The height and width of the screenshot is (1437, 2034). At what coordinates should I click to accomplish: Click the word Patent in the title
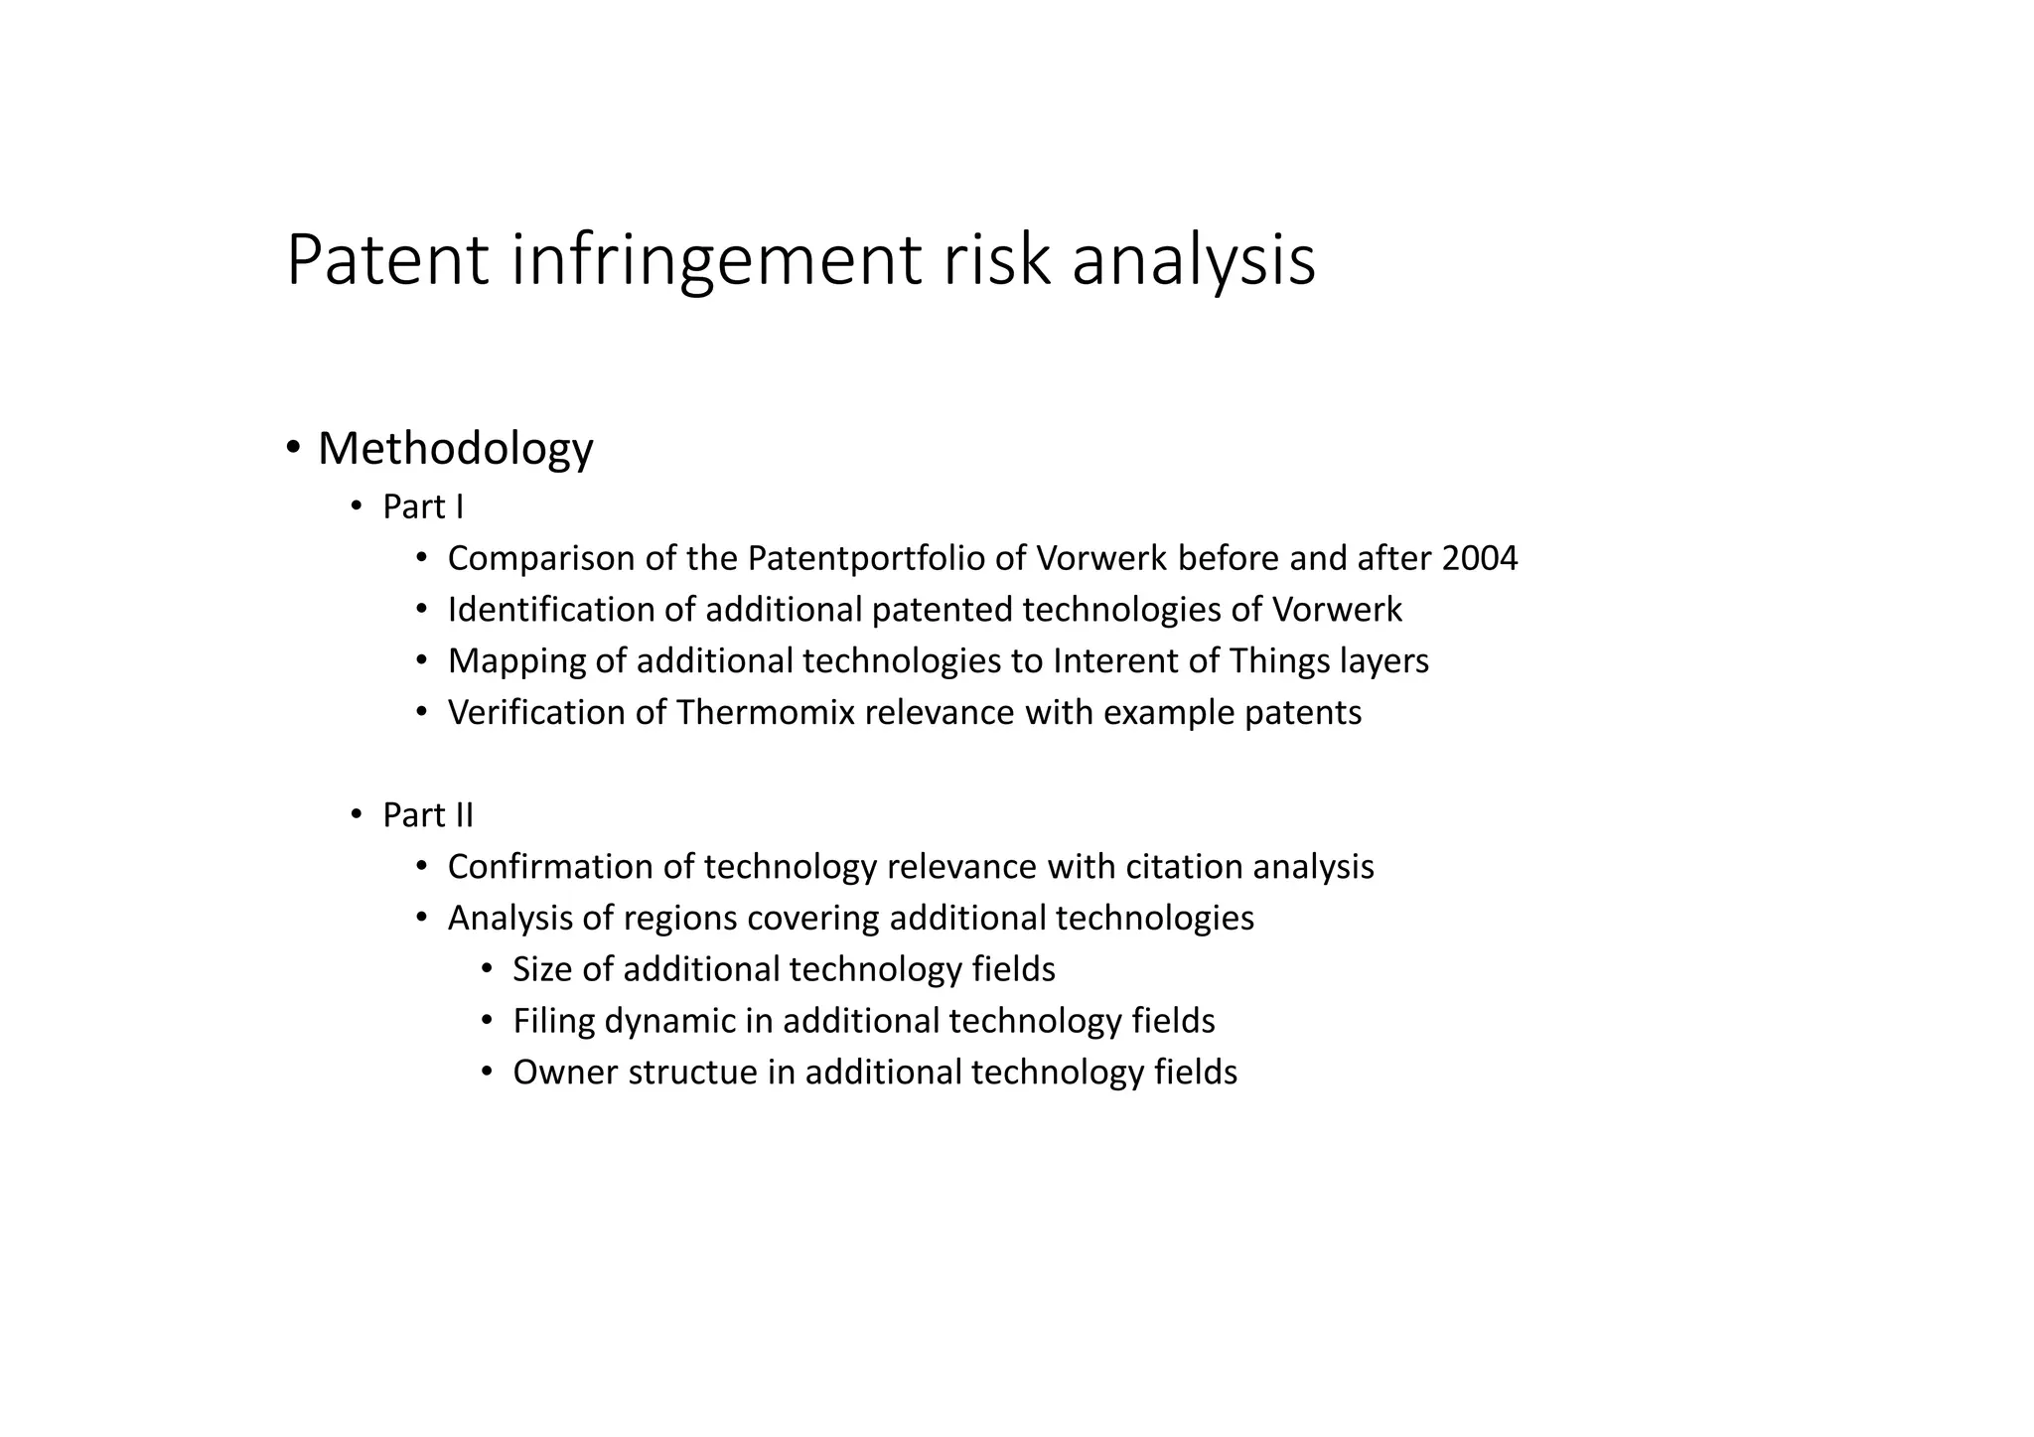[387, 260]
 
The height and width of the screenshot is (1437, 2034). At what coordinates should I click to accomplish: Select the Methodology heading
[455, 449]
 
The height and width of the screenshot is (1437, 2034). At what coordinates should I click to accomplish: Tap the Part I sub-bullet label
[423, 507]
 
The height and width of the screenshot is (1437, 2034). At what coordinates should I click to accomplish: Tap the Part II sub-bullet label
[428, 815]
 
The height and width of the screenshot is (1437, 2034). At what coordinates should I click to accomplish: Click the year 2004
[1479, 559]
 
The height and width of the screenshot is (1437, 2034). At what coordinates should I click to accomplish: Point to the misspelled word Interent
[1113, 661]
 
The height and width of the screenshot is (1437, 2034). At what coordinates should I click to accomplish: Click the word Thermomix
[766, 713]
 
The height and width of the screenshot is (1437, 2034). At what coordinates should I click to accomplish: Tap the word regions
[679, 919]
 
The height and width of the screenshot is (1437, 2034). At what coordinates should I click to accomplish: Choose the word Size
[542, 969]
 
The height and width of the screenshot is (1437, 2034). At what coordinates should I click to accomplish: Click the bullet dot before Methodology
[293, 449]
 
